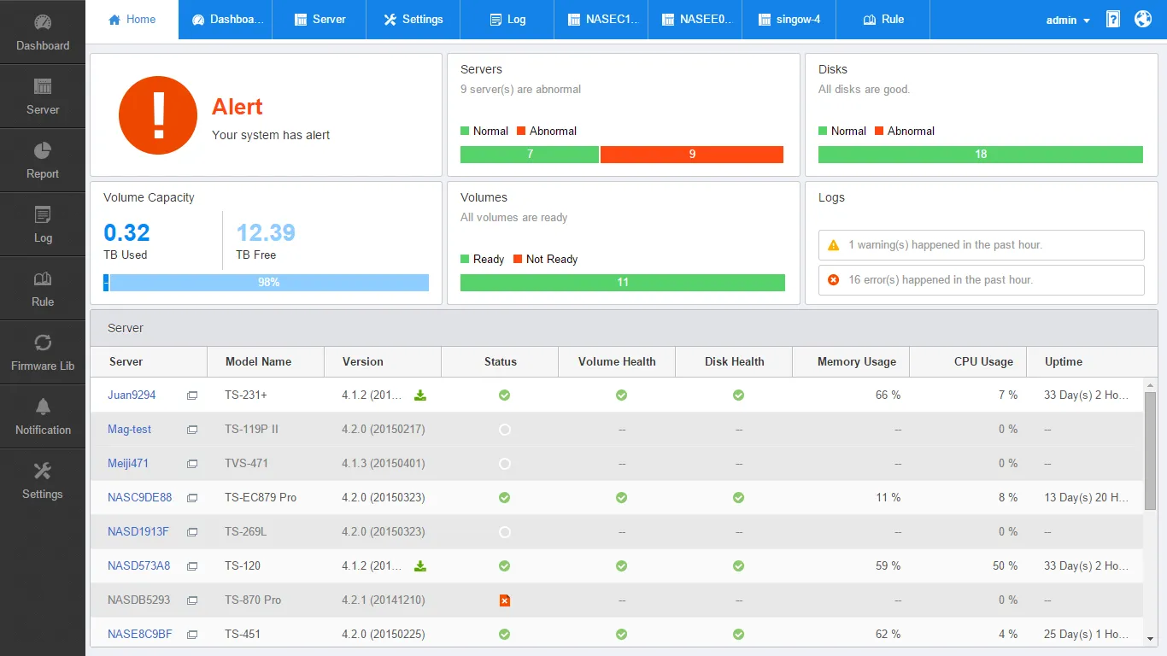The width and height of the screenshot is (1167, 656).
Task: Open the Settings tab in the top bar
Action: click(413, 20)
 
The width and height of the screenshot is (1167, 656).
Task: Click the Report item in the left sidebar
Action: click(43, 161)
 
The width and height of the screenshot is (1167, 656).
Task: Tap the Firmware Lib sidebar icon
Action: click(43, 343)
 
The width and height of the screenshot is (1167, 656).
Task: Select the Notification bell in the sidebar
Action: click(43, 407)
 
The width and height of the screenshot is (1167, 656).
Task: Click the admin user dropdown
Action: click(1068, 20)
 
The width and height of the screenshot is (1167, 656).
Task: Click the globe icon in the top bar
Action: click(1143, 19)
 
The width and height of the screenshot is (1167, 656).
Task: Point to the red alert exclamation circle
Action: click(158, 115)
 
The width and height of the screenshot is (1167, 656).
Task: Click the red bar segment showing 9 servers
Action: click(692, 155)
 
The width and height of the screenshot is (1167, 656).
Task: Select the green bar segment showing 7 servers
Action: click(530, 155)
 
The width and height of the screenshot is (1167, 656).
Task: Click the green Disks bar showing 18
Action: click(980, 155)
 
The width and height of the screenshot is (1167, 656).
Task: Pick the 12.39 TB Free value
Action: click(266, 233)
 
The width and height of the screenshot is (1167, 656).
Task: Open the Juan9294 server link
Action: click(132, 395)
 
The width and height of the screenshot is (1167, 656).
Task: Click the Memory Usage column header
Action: click(856, 362)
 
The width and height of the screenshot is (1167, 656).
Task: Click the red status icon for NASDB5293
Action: click(505, 600)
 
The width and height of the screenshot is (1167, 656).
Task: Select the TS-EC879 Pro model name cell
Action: click(261, 498)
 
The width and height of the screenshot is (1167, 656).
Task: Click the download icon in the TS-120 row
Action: click(420, 566)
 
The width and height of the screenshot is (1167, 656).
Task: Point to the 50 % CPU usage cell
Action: click(1005, 566)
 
